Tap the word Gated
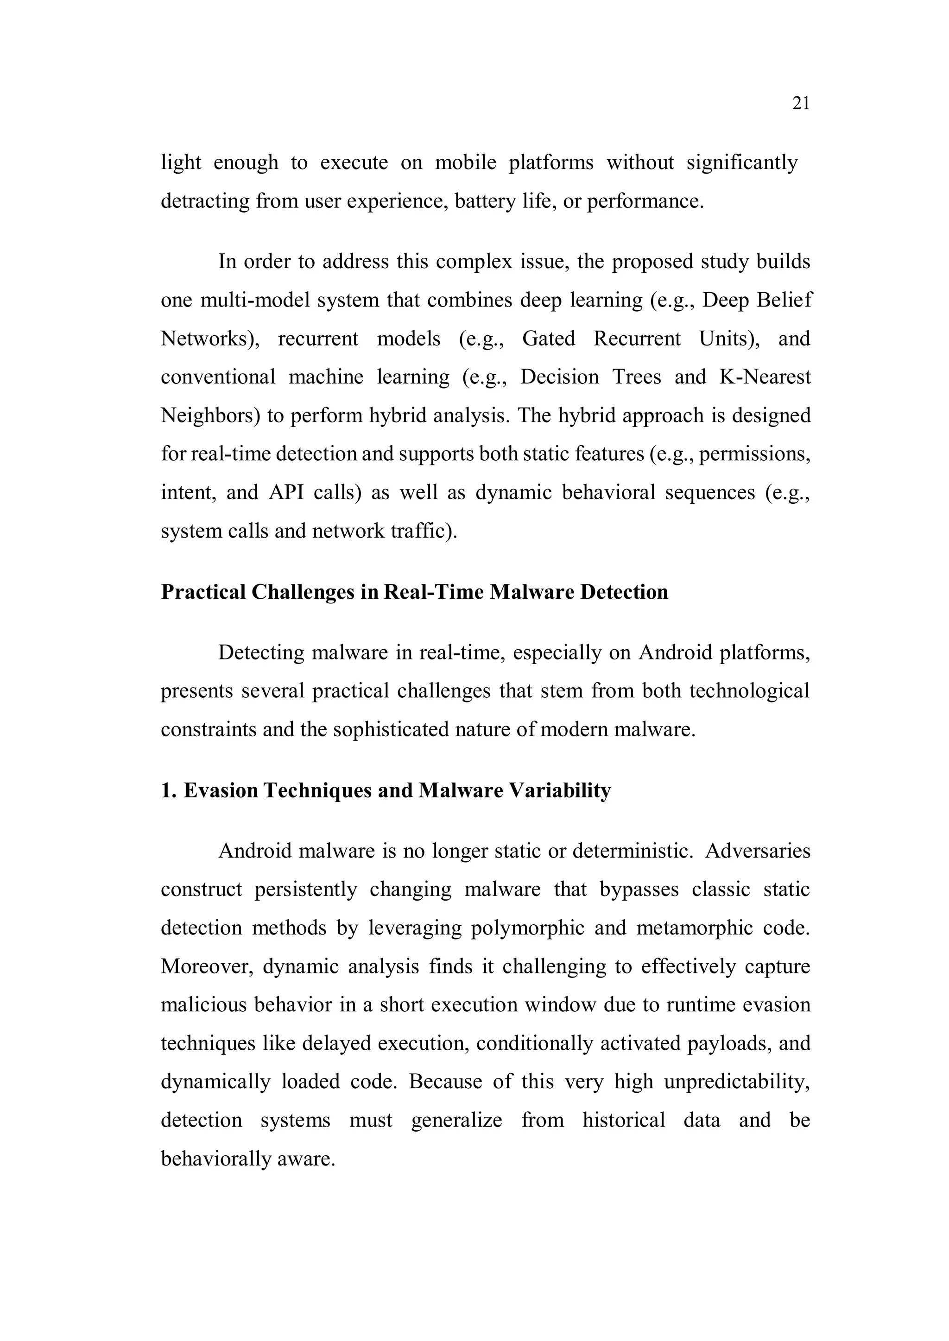click(548, 339)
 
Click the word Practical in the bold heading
click(203, 592)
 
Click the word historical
click(624, 1120)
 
